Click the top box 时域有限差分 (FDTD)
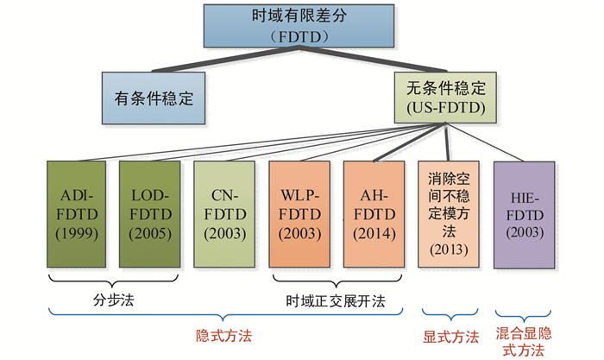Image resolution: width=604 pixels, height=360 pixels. click(299, 26)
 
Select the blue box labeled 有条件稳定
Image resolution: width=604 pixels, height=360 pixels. click(154, 98)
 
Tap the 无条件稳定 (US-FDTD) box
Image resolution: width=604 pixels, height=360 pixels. click(445, 98)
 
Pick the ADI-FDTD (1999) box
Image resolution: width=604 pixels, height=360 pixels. click(76, 214)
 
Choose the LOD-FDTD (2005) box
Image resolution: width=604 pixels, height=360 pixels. click(150, 214)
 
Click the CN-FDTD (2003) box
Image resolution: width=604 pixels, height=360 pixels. click(224, 214)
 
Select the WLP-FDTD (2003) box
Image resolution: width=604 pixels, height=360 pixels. click(299, 214)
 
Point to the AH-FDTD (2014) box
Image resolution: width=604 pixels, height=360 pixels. click(374, 214)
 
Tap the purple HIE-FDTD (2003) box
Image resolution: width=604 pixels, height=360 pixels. click(525, 215)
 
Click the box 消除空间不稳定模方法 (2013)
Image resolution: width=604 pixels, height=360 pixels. click(449, 214)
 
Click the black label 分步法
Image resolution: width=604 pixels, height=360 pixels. click(113, 300)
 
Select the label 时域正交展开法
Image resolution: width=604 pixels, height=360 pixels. click(336, 301)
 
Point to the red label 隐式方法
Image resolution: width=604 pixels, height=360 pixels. click(223, 336)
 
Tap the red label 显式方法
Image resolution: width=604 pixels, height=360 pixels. click(450, 337)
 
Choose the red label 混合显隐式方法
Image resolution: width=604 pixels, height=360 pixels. click(524, 342)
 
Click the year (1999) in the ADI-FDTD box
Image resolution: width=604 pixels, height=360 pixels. click(76, 233)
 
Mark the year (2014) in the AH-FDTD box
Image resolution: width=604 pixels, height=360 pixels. click(374, 233)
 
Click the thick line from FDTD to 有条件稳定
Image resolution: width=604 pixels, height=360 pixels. click(225, 59)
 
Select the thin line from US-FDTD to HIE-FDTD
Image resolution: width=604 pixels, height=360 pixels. click(485, 142)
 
